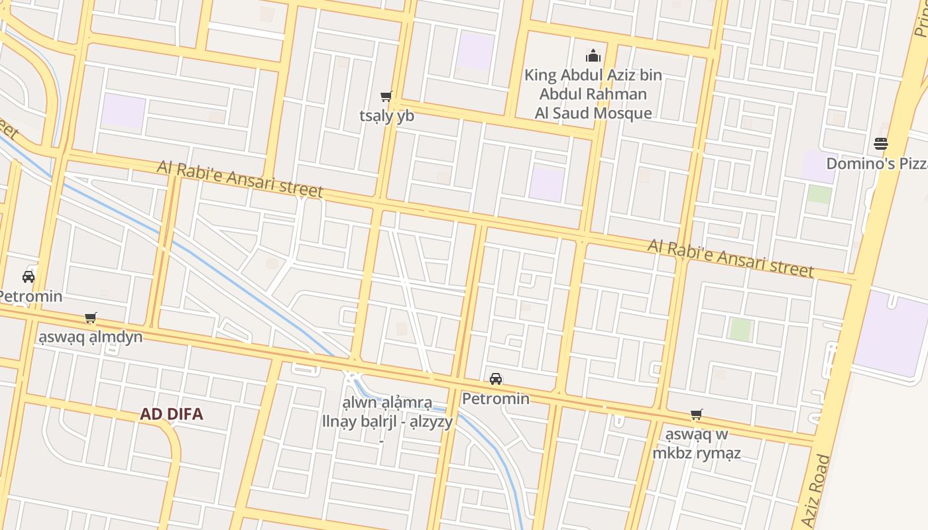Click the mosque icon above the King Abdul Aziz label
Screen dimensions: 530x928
[x=593, y=56]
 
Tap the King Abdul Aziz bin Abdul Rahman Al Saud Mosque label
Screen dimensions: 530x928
[x=593, y=94]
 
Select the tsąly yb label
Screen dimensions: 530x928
[x=386, y=116]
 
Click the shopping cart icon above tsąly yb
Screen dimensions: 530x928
[x=386, y=97]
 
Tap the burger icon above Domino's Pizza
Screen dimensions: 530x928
[x=880, y=144]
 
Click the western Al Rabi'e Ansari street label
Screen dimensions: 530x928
[x=240, y=178]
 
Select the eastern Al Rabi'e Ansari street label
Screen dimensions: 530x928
[x=730, y=258]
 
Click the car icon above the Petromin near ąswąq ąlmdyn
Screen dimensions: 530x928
[x=28, y=276]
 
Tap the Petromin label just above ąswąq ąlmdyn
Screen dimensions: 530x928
[x=30, y=296]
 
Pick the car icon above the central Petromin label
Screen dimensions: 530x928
[x=496, y=379]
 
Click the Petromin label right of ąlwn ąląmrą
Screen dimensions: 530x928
[x=496, y=399]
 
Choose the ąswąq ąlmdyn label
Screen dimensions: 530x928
[x=90, y=337]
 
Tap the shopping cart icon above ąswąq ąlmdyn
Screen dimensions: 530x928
[x=91, y=318]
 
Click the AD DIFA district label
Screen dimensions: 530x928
[x=172, y=415]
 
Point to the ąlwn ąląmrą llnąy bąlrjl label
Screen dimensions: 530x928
[x=387, y=413]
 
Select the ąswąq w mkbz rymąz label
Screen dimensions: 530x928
[x=696, y=444]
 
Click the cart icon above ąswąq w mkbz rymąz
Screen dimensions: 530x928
[x=696, y=415]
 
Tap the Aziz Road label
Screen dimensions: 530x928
[x=814, y=490]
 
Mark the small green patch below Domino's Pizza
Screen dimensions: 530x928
[x=819, y=194]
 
